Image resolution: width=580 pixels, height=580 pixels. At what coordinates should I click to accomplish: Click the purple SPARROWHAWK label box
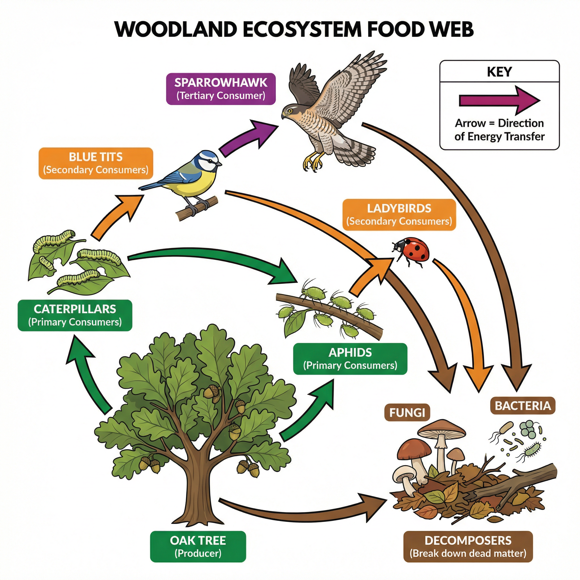coord(221,89)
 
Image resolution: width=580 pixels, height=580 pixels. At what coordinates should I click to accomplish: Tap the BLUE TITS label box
coord(96,163)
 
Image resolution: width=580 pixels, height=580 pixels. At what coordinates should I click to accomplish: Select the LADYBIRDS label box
coord(399,215)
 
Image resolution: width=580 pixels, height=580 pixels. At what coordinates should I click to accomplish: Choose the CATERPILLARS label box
coord(75,315)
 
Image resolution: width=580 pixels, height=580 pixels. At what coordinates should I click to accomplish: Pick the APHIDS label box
coord(350,359)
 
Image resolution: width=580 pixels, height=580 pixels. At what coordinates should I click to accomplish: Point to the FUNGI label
coord(407,412)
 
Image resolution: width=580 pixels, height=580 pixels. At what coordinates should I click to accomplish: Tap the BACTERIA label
coord(523,406)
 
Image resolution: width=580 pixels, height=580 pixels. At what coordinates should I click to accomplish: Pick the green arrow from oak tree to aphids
coord(309,411)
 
